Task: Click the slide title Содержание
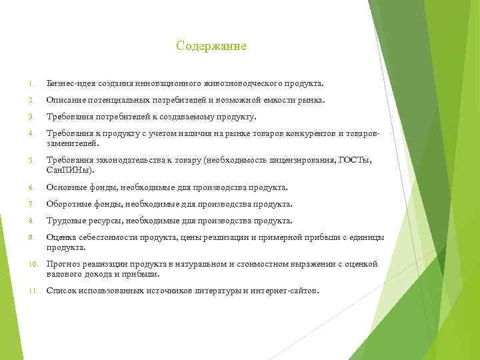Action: [211, 46]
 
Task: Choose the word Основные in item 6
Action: [67, 188]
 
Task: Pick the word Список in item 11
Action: [61, 291]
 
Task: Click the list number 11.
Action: [31, 291]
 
